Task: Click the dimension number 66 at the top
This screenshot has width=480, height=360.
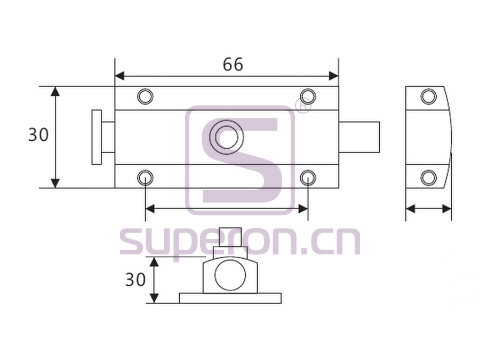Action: click(233, 65)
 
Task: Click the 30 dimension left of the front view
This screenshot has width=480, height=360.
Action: click(38, 135)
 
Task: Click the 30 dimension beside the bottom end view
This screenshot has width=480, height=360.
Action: click(135, 279)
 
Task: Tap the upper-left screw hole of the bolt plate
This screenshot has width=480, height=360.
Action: click(145, 97)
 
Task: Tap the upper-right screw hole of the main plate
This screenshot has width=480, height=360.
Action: click(308, 97)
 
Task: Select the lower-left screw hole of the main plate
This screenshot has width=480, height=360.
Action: click(145, 178)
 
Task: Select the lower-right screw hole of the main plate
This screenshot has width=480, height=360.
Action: click(308, 178)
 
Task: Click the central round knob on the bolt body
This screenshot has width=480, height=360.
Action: click(227, 137)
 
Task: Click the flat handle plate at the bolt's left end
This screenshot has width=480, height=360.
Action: click(97, 137)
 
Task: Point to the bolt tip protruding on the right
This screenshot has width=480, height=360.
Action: click(359, 137)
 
